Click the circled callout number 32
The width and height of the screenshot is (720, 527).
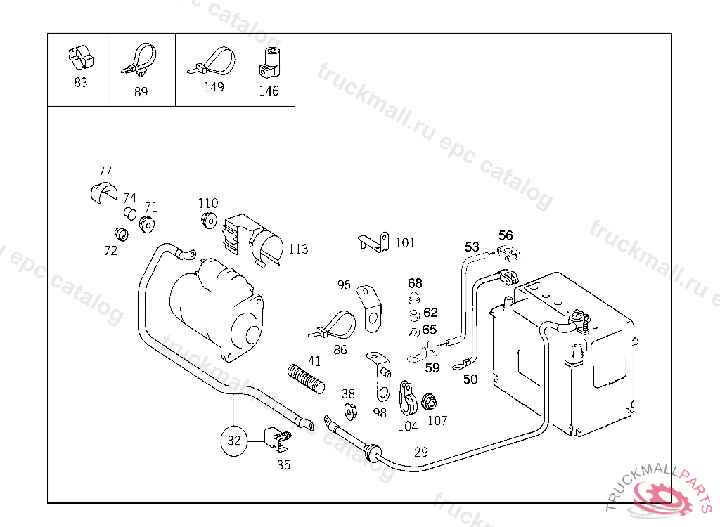pos(234,441)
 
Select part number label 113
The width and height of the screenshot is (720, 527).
pos(298,249)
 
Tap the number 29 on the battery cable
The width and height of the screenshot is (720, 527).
pos(420,452)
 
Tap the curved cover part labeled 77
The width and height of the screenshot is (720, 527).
pos(104,191)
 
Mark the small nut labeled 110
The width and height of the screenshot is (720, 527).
pos(208,219)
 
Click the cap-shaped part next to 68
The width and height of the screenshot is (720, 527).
pos(414,299)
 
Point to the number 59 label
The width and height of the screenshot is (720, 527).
pos(432,367)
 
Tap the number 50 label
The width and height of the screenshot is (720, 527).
pos(470,379)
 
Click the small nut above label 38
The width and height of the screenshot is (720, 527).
pos(349,411)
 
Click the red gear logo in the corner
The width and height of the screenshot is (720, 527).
pos(662,497)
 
